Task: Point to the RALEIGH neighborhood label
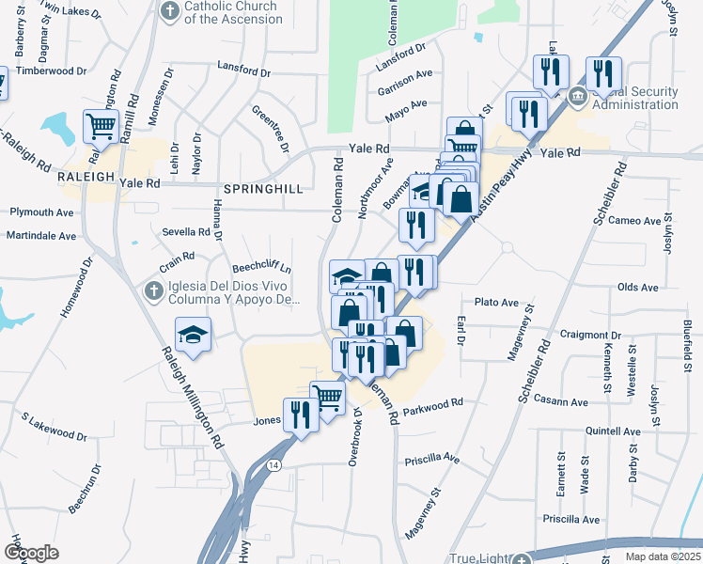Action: (x=86, y=177)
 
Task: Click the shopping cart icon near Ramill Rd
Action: (x=101, y=125)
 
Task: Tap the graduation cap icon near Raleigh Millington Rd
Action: (x=193, y=335)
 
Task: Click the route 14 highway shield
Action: (x=273, y=464)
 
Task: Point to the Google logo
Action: (x=31, y=553)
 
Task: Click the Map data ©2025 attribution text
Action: (x=663, y=556)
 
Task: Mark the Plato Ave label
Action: (x=496, y=303)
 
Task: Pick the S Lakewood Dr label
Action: (x=54, y=426)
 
